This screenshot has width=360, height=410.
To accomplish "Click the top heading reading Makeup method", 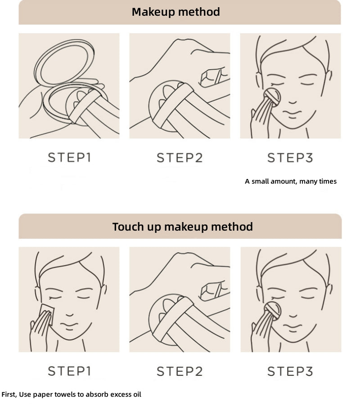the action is pyautogui.click(x=175, y=12).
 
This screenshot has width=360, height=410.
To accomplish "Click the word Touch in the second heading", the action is pyautogui.click(x=128, y=227).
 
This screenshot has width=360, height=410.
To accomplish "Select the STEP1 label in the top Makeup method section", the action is pyautogui.click(x=69, y=157).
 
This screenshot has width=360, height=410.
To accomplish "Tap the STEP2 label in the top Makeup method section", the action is pyautogui.click(x=180, y=158).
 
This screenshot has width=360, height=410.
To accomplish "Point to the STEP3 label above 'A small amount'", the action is pyautogui.click(x=290, y=158).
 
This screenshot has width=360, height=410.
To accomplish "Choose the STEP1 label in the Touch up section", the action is pyautogui.click(x=69, y=371).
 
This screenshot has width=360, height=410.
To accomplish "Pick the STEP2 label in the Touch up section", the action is pyautogui.click(x=180, y=371).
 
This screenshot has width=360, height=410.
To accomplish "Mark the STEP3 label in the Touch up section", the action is pyautogui.click(x=290, y=371).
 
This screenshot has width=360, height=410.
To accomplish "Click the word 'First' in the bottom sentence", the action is pyautogui.click(x=9, y=394).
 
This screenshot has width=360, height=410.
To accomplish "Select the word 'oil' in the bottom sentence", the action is pyautogui.click(x=137, y=394).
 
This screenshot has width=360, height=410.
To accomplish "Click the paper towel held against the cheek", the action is pyautogui.click(x=47, y=314).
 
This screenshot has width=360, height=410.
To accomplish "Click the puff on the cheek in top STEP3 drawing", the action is pyautogui.click(x=272, y=97).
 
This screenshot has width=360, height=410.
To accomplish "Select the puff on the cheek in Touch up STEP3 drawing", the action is pyautogui.click(x=272, y=311).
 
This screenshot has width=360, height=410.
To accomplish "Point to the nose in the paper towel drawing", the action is pyautogui.click(x=69, y=315).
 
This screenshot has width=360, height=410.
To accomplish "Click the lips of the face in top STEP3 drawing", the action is pyautogui.click(x=292, y=114).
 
